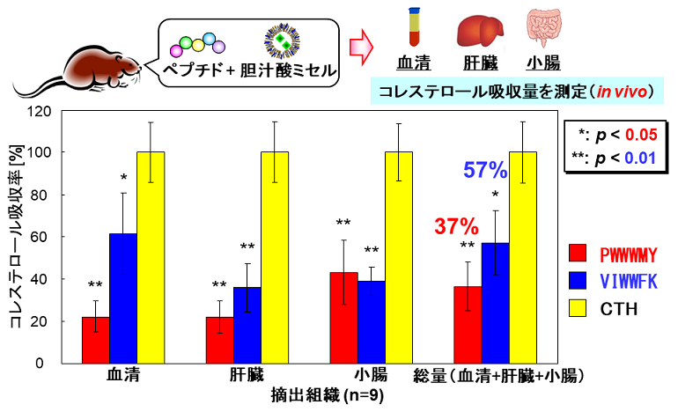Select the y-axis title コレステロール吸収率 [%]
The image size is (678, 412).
pos(15,238)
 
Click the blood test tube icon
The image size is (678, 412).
pos(412,27)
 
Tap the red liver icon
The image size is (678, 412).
pos(478,30)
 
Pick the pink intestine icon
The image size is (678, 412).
pos(543,30)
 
